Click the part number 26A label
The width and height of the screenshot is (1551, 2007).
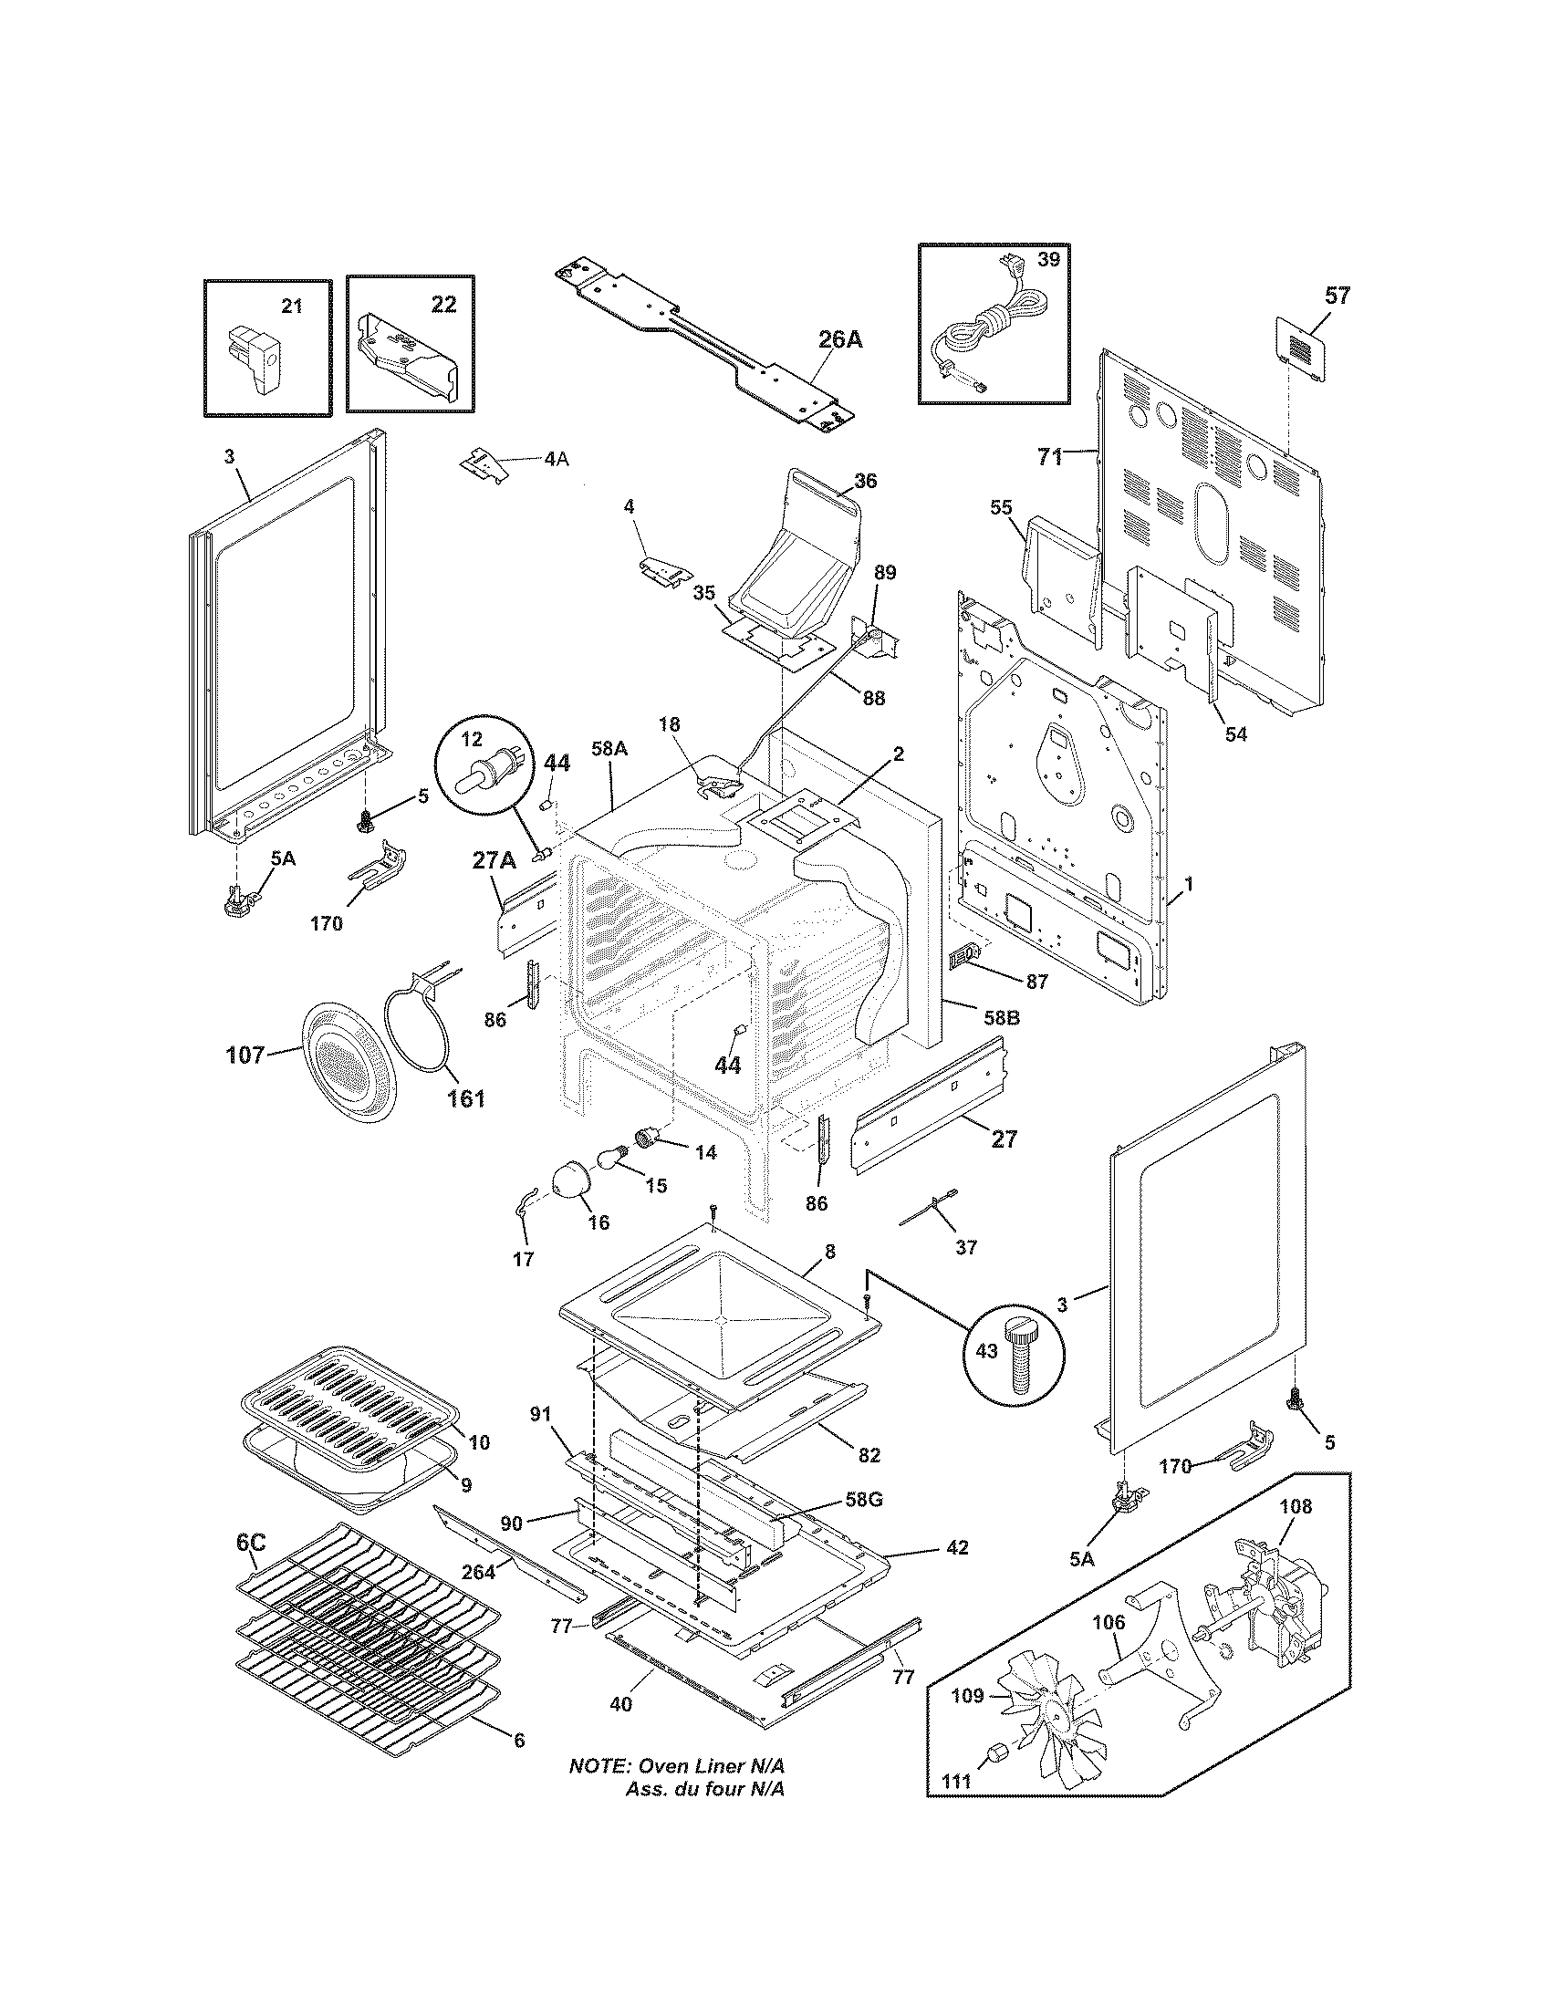coord(839,339)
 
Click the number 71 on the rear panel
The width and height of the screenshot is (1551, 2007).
coord(1050,456)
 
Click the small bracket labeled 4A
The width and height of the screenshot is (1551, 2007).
coord(484,463)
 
